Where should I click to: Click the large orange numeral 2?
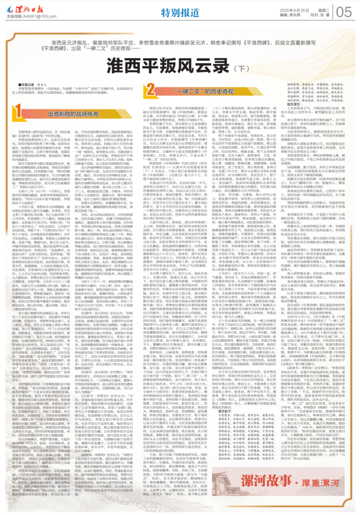pyautogui.click(x=150, y=89)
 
